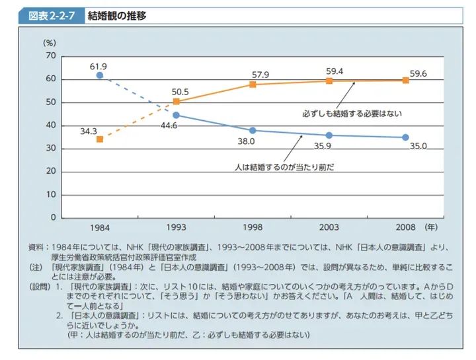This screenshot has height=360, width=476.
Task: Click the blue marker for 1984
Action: point(100,75)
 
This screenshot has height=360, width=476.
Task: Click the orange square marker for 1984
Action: point(100,139)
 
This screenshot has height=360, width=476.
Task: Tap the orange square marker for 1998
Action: point(253,85)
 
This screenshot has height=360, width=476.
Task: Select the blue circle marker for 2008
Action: point(405,137)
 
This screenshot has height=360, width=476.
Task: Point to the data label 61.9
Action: point(99,65)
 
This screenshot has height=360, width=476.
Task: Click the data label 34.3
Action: point(89,131)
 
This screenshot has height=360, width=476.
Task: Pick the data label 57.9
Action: point(253,74)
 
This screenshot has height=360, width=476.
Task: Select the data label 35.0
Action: point(418,146)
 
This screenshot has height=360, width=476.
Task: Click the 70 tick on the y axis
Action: point(51,56)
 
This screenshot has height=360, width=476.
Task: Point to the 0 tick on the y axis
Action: point(53,217)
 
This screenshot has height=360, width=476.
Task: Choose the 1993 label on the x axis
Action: point(176,227)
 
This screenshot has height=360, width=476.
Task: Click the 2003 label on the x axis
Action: point(329,227)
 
